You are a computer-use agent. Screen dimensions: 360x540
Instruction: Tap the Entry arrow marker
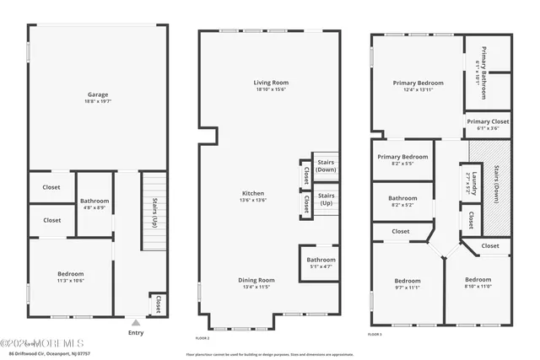pos(135,323)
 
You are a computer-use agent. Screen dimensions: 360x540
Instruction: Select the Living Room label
pos(271,82)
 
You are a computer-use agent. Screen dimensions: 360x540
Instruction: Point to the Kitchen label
pos(253,193)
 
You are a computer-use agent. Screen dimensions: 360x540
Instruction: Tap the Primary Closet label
pos(489,121)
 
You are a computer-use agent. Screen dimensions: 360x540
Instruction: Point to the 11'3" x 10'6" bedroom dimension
pos(71,281)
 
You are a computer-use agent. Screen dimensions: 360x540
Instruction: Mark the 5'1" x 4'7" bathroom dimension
pos(321,266)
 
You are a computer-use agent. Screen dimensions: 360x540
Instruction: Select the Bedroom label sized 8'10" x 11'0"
pos(478,279)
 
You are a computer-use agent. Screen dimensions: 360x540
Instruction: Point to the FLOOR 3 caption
pos(375,335)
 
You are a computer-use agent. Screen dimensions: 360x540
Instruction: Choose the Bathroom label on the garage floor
pos(94,201)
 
